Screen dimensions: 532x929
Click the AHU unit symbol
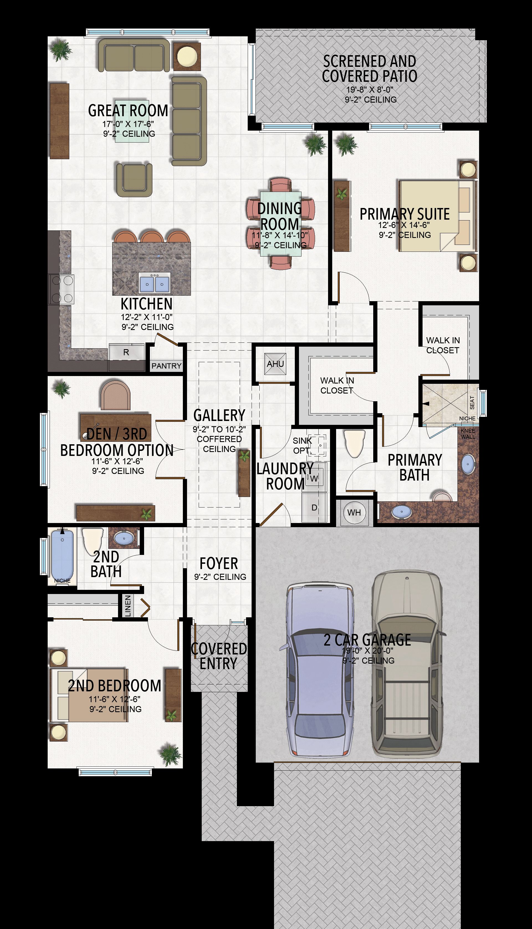point(275,364)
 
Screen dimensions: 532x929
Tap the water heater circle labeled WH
point(354,512)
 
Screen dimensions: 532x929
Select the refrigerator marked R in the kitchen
point(126,352)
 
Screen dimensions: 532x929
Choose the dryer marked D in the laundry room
point(314,507)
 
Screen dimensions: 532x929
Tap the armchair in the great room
point(134,179)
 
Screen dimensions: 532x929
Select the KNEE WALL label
point(468,434)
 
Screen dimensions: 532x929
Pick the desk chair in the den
point(116,395)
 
